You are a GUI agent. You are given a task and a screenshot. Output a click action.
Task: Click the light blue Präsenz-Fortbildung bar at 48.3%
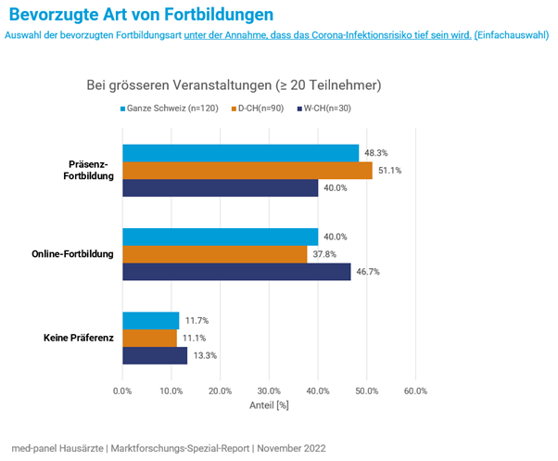(x=240, y=153)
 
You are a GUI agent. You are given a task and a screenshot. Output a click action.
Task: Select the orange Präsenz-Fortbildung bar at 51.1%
(x=247, y=171)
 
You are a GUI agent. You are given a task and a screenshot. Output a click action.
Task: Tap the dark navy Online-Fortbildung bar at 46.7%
(x=236, y=272)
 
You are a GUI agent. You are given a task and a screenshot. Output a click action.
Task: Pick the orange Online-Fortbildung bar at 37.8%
(x=214, y=254)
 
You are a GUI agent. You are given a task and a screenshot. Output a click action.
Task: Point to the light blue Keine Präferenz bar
(x=150, y=320)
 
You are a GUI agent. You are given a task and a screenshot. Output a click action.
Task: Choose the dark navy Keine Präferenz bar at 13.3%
(x=155, y=355)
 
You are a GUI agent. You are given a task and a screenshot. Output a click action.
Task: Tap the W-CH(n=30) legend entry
(x=326, y=109)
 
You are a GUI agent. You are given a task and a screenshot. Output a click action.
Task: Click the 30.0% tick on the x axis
(x=269, y=391)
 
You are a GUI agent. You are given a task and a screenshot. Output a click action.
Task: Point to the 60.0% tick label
(x=415, y=391)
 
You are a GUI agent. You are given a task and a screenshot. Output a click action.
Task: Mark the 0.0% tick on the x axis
(x=122, y=391)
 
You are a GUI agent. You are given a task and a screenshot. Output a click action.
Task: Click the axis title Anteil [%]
(x=270, y=405)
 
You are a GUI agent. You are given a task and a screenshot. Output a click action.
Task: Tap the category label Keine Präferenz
(x=79, y=338)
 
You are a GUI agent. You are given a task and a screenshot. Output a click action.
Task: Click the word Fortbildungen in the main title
(x=211, y=15)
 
